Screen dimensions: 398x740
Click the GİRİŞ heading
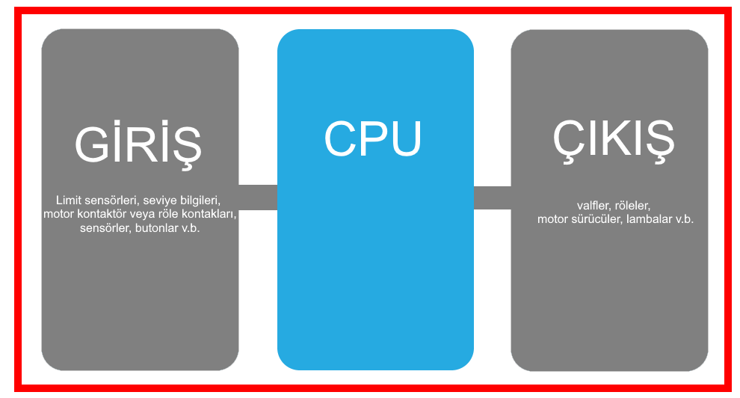[138, 144]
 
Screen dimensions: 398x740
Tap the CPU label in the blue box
[373, 139]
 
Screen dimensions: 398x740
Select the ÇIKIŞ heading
[613, 140]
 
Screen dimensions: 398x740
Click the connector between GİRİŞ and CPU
[258, 197]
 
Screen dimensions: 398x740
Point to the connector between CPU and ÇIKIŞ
[493, 198]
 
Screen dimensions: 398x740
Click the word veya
[147, 215]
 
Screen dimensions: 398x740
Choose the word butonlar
[157, 228]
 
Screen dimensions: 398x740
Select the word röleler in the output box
[632, 205]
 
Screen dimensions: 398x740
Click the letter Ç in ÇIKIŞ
[566, 140]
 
